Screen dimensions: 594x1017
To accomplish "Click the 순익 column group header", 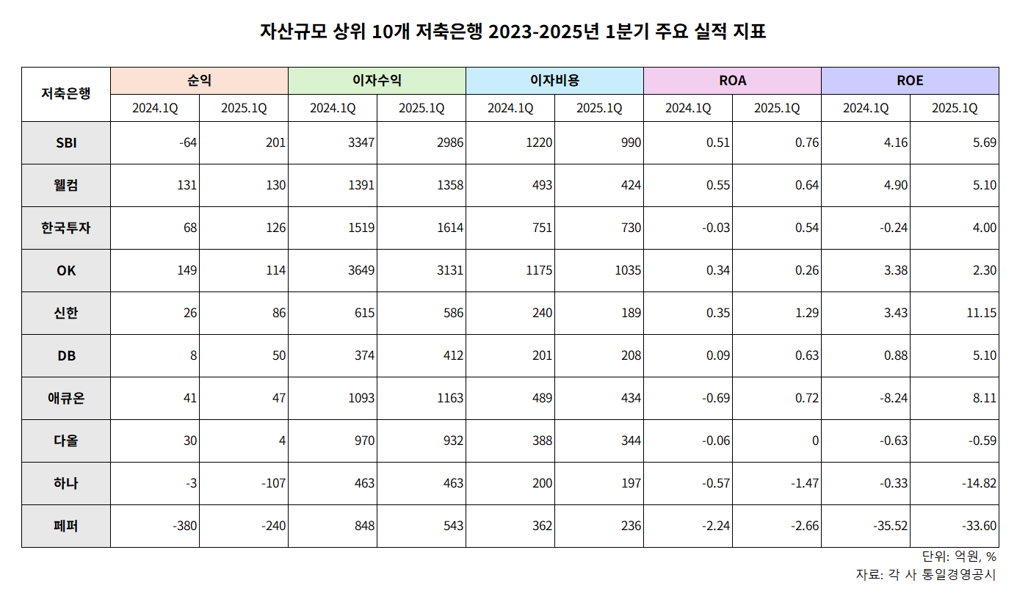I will [199, 81].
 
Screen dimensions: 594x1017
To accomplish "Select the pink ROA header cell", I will [732, 81].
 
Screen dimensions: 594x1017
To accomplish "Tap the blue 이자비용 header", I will [554, 81].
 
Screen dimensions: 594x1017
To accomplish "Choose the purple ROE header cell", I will [910, 81].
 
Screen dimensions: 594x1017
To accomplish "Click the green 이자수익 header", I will [377, 81].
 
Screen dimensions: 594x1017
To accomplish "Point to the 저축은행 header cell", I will [66, 94].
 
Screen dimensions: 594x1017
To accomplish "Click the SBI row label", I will [66, 142].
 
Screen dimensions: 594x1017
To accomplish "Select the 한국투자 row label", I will [66, 228].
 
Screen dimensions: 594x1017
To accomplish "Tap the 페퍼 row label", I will [66, 526].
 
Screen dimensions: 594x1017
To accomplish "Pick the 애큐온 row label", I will [66, 398].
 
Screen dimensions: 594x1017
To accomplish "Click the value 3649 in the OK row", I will [361, 270].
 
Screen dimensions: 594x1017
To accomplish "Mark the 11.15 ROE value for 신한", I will [981, 313].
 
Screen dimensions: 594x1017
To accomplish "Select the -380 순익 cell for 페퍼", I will [183, 526].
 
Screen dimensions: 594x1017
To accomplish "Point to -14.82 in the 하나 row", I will [979, 483].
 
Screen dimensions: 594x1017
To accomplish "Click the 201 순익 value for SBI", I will [275, 142].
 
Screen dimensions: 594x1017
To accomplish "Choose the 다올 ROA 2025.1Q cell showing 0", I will [814, 441].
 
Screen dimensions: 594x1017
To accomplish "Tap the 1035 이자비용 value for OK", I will [626, 270].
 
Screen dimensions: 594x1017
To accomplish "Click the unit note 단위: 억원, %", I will [959, 557].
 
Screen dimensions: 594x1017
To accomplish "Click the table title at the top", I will [513, 32].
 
